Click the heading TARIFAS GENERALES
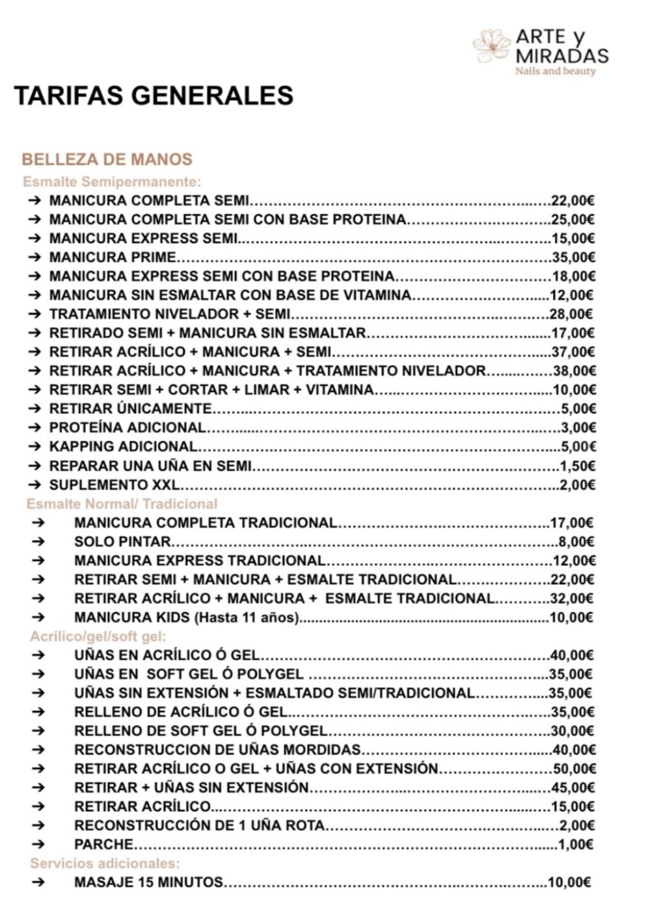(154, 96)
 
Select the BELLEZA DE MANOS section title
(107, 159)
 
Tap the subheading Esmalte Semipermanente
(112, 181)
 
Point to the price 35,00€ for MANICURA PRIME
(572, 257)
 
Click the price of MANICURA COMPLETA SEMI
(572, 201)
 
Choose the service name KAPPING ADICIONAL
(123, 447)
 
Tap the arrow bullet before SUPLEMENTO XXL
(35, 485)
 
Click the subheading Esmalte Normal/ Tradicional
(122, 504)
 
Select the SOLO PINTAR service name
(122, 542)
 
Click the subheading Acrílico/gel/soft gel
(98, 636)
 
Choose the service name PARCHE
(103, 845)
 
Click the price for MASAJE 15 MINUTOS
(569, 882)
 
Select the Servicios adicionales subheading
(105, 863)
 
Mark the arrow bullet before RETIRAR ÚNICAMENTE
(35, 409)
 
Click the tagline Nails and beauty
(555, 71)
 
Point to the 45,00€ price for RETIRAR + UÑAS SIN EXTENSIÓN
(572, 788)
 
